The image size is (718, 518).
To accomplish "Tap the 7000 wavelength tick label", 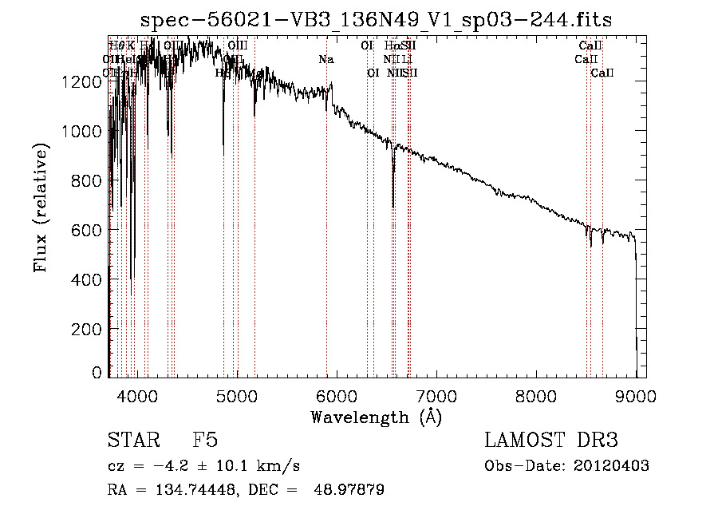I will [x=436, y=393].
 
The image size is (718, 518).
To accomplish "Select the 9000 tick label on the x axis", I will [x=636, y=393].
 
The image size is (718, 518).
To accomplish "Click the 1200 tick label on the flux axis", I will [x=85, y=81].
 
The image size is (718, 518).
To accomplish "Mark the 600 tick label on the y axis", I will [x=90, y=230].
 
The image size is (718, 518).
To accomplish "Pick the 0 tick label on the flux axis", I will [x=98, y=373].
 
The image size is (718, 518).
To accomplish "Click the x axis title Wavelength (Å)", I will [x=377, y=416].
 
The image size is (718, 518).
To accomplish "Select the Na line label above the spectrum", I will [x=326, y=59].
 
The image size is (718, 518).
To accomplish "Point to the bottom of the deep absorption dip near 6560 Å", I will [x=393, y=206].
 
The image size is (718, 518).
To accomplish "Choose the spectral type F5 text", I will [x=205, y=441].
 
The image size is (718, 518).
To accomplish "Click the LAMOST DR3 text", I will [x=550, y=441].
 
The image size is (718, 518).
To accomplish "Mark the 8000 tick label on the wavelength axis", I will [x=536, y=393].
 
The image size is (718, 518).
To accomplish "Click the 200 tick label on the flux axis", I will [x=90, y=329].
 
